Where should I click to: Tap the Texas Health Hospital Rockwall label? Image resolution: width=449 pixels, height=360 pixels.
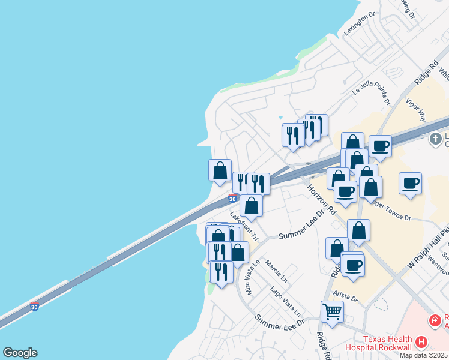378,343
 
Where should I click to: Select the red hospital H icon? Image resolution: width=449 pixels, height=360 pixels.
421,343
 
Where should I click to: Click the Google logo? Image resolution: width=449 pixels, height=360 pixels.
20,353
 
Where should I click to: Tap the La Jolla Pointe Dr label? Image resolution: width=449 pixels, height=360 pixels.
371,89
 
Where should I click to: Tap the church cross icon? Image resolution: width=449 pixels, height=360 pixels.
435,139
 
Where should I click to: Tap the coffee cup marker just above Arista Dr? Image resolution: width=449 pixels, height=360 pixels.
352,265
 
